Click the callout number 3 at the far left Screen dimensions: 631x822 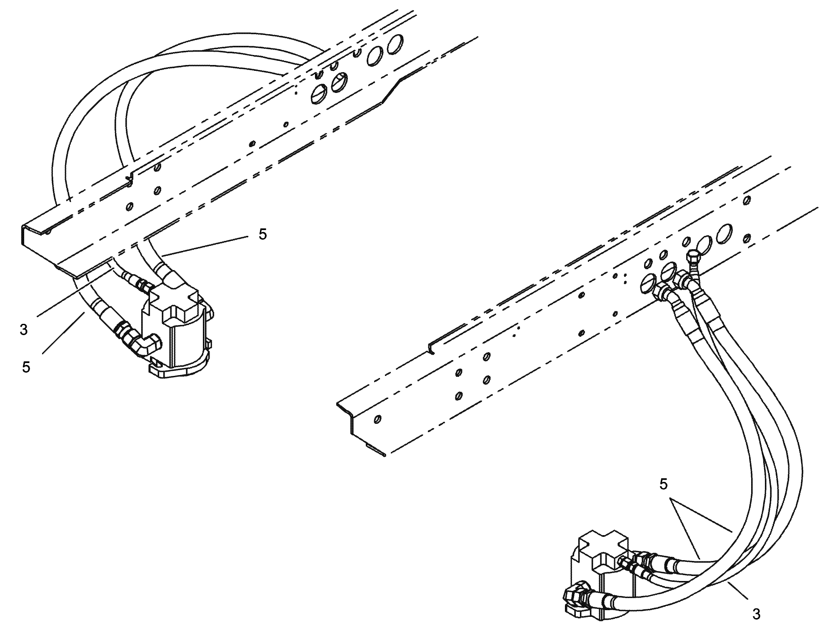[x=24, y=329]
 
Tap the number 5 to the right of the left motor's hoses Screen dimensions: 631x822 [x=262, y=234]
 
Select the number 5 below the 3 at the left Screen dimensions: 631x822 [x=26, y=367]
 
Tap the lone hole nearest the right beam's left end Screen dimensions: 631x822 [x=377, y=420]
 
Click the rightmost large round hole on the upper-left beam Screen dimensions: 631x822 [x=395, y=45]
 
